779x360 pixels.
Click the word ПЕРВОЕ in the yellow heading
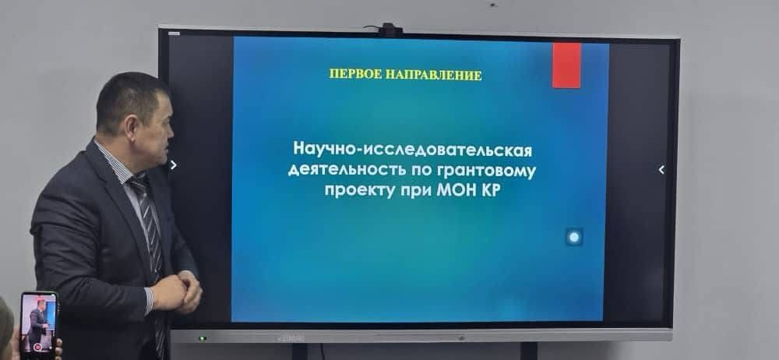356,75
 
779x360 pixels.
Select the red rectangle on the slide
566,65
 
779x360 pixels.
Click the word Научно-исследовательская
412,149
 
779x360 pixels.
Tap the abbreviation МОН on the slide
455,191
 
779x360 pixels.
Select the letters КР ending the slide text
489,191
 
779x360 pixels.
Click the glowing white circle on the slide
574,237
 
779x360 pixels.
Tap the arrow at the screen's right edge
661,170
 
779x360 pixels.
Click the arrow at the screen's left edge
173,164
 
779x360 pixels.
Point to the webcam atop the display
390,30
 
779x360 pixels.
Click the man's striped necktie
150,234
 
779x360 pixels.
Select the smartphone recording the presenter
38,323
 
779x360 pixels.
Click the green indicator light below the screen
203,339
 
